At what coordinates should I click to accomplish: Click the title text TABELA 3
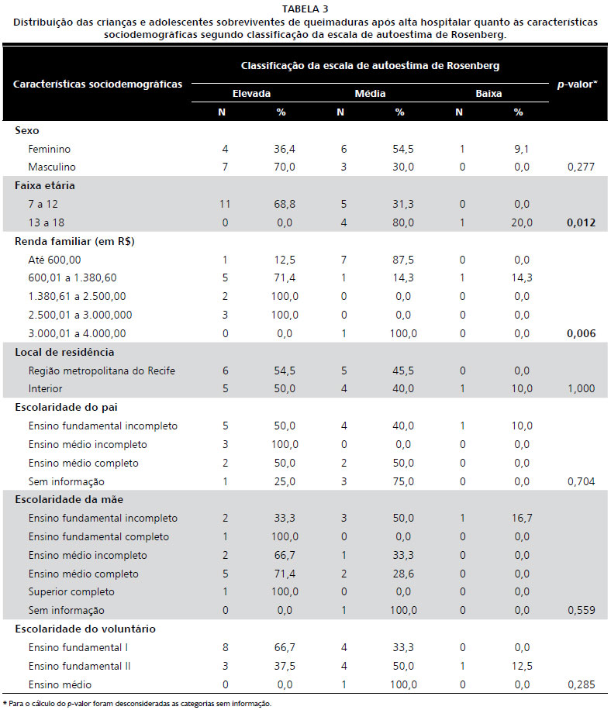coord(305,9)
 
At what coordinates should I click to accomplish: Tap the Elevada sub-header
coord(251,93)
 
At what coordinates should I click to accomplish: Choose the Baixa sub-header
coord(488,93)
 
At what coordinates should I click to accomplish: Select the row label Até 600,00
coord(54,259)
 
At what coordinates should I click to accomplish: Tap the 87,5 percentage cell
coord(399,259)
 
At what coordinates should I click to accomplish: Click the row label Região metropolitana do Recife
coord(102,371)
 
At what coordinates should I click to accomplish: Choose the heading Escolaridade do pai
coord(66,407)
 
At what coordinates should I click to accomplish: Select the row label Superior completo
coord(72,592)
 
